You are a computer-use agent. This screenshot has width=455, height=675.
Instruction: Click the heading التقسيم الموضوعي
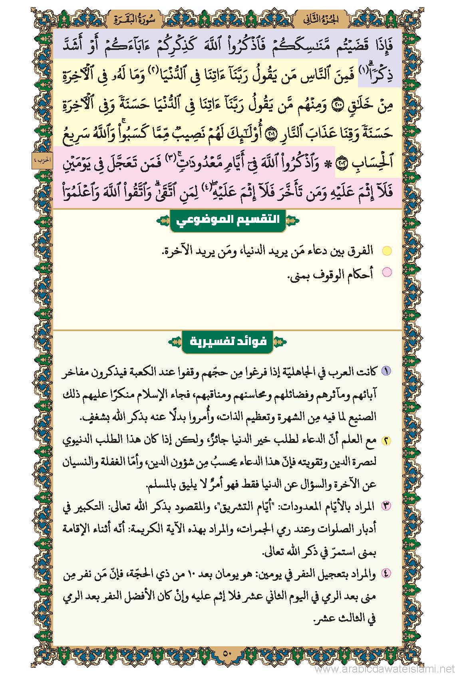tap(228, 220)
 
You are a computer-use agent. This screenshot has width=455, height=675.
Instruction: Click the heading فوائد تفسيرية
tap(228, 342)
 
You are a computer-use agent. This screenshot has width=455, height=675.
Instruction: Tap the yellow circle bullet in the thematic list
tap(387, 251)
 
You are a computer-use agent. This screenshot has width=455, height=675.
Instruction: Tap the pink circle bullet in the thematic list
tap(387, 273)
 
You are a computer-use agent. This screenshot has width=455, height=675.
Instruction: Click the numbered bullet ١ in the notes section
tap(386, 371)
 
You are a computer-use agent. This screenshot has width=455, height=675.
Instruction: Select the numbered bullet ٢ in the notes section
tap(386, 441)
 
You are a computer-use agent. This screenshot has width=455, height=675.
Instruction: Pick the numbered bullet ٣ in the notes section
tap(386, 506)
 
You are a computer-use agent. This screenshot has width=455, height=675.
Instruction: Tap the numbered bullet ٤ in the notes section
tap(386, 574)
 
